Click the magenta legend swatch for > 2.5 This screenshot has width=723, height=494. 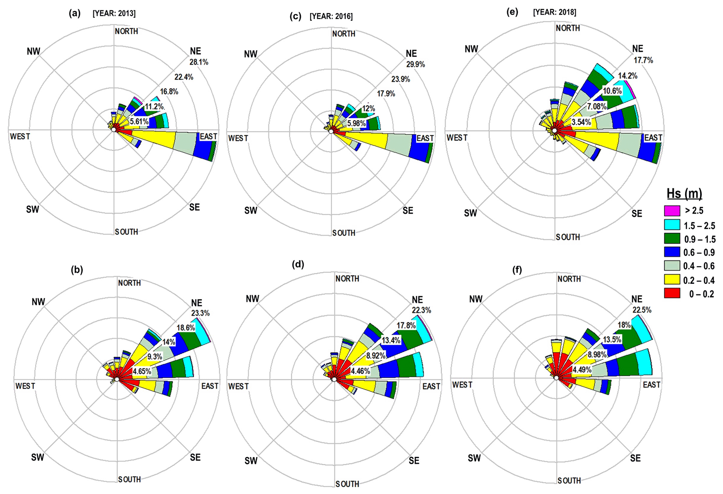[672, 211]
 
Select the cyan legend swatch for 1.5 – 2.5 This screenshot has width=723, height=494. [672, 225]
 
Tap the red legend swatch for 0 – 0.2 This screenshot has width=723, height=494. [672, 294]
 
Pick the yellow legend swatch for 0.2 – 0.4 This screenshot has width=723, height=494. [672, 280]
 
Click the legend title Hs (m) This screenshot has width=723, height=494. [684, 193]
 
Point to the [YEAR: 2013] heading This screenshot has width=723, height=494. [114, 14]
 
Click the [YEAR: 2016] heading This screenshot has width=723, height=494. [331, 16]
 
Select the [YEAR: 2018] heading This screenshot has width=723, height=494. [554, 12]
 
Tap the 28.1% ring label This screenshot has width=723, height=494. [199, 62]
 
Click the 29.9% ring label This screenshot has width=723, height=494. [416, 64]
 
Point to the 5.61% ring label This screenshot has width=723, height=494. [139, 122]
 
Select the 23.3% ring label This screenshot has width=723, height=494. [200, 313]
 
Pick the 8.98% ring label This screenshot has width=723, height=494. [597, 354]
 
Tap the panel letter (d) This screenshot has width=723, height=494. [298, 264]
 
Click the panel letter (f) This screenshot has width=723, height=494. [517, 270]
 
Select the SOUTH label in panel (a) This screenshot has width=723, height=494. [126, 232]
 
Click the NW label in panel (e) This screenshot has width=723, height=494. [471, 49]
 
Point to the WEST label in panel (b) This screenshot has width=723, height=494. [25, 386]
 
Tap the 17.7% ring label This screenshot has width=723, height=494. [643, 60]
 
